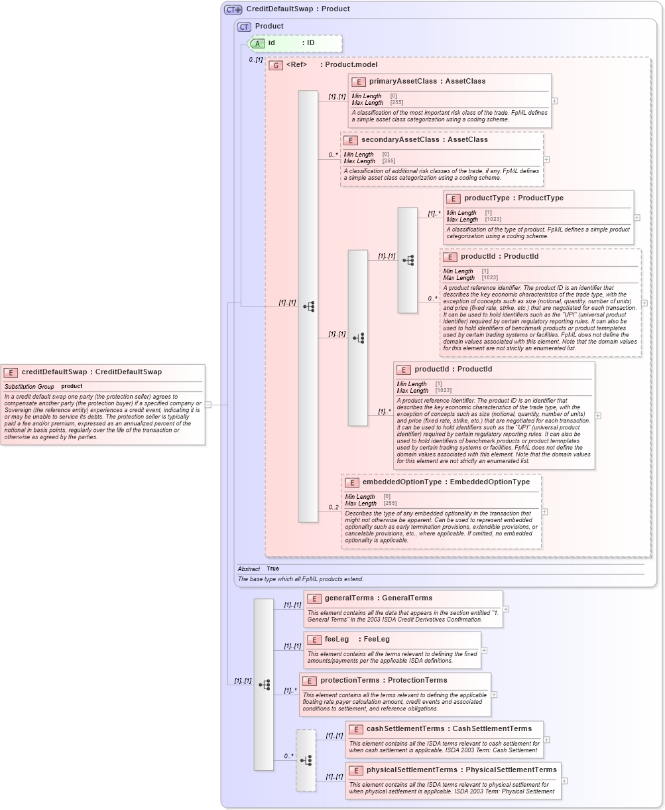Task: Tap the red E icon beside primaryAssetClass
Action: pos(358,82)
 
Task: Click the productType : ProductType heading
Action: pos(514,198)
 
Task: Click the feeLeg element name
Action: pos(336,640)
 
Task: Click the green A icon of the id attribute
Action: pos(257,43)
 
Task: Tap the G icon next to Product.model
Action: pos(276,65)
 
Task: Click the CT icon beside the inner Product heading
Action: pos(244,27)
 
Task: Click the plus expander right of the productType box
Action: pos(637,218)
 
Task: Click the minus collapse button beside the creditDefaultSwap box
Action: pos(208,404)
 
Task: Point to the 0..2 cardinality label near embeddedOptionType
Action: pos(333,507)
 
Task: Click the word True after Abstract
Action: pos(272,569)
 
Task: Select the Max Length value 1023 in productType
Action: pos(493,220)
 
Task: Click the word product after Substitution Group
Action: pos(72,386)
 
